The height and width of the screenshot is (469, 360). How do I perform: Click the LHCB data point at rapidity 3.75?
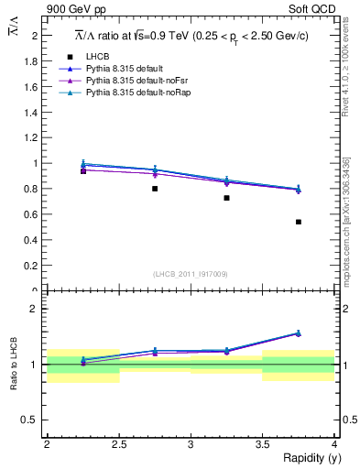tap(299, 222)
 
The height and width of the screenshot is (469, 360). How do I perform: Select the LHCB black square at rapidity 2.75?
tap(155, 189)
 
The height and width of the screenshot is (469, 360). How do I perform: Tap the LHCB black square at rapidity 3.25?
tap(226, 198)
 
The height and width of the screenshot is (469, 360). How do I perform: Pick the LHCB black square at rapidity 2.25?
tap(83, 170)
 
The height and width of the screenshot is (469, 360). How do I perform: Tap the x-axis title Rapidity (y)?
tap(306, 457)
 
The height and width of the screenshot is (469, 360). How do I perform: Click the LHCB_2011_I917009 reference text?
tap(190, 274)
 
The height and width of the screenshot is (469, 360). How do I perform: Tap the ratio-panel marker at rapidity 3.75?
tap(299, 333)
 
